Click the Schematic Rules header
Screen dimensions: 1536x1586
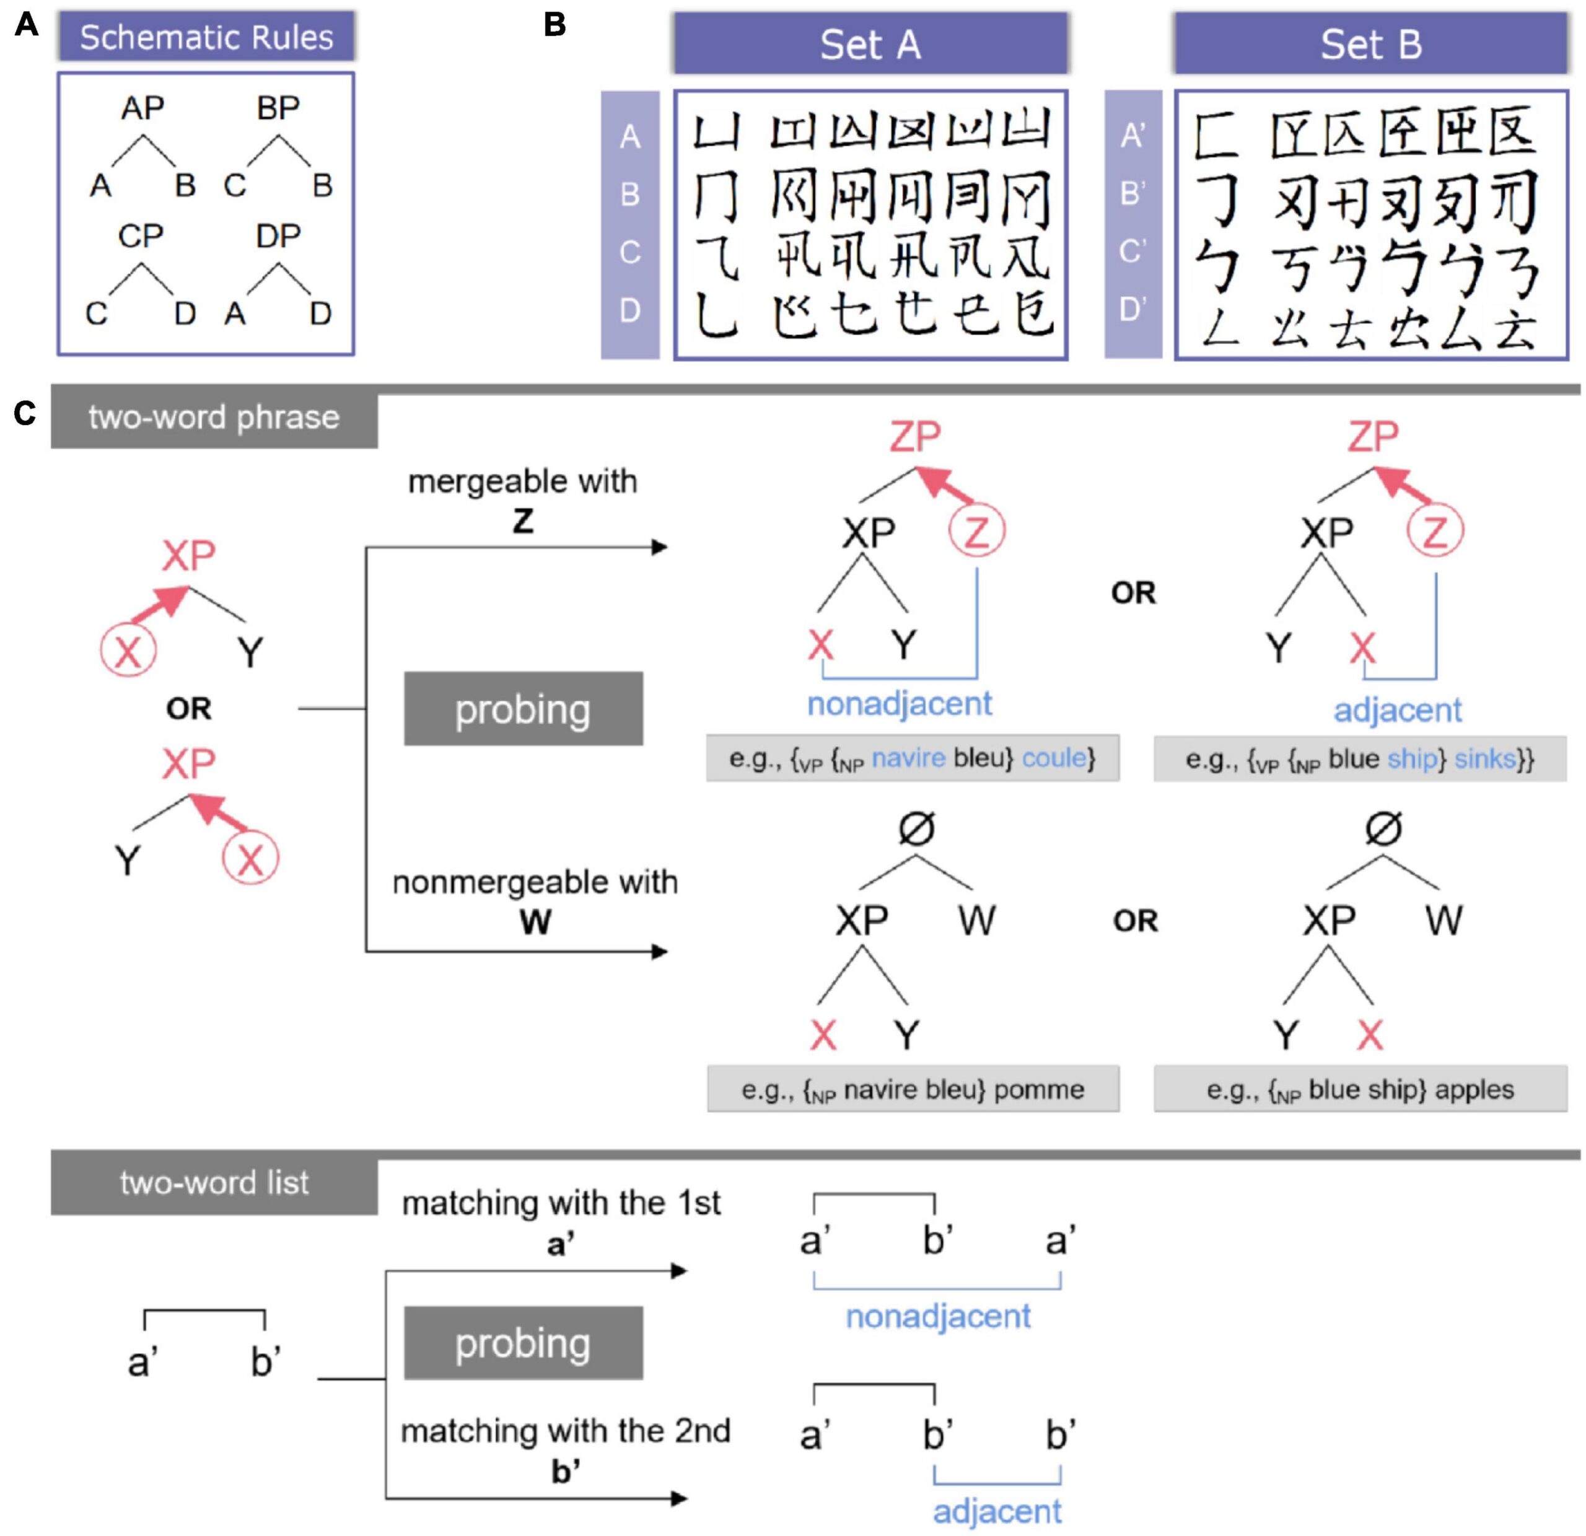206,37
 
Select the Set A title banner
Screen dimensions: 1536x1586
870,44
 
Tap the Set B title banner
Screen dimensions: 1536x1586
1371,44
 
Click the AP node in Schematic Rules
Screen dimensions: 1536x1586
142,108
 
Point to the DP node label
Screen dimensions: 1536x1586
278,236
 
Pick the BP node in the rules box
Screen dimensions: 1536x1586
278,108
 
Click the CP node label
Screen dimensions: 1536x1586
141,236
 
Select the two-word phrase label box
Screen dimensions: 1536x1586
214,418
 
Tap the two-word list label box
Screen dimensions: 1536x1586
214,1183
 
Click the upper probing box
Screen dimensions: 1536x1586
523,709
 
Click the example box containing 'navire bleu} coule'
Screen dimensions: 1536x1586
912,758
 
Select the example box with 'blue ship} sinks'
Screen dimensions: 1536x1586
1359,759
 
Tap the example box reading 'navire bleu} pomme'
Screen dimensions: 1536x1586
913,1089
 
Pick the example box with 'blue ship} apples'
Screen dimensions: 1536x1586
1359,1089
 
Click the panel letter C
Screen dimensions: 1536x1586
25,413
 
